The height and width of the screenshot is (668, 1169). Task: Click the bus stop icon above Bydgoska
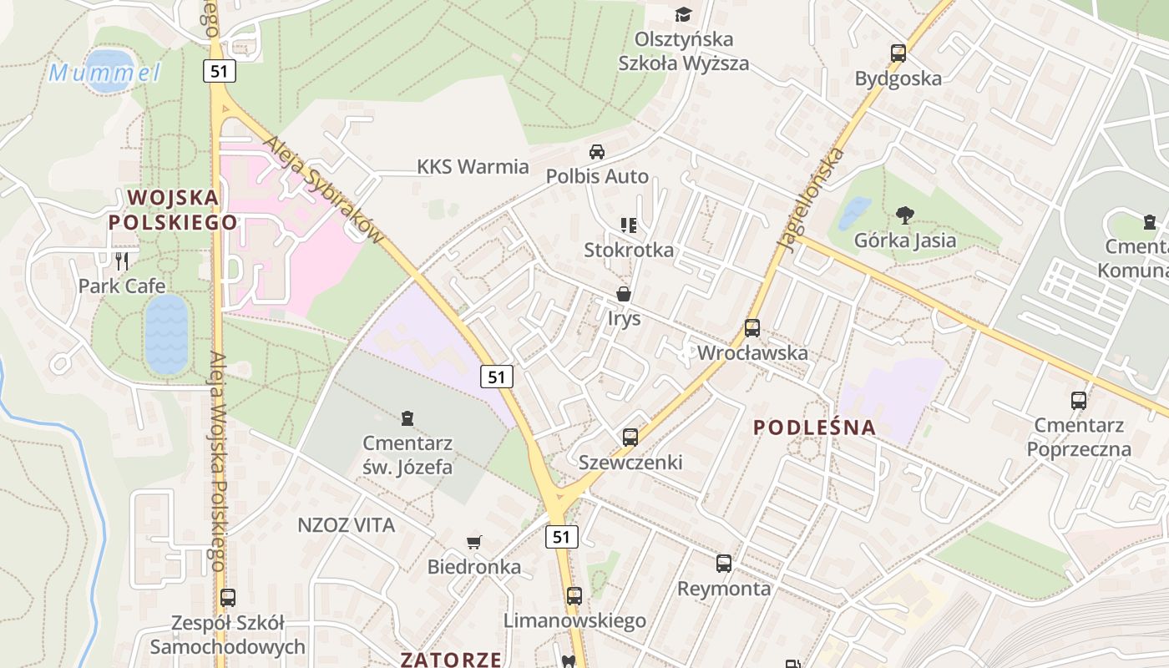[898, 53]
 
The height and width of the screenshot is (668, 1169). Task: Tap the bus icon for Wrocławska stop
[752, 328]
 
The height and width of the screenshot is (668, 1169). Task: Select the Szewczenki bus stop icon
[630, 437]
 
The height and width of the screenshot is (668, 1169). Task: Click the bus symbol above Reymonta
[724, 564]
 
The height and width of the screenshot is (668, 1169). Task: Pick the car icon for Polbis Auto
[597, 152]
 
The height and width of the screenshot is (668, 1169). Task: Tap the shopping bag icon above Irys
[624, 294]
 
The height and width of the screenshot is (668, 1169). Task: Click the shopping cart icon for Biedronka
[474, 542]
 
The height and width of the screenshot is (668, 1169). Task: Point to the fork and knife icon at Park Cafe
[123, 261]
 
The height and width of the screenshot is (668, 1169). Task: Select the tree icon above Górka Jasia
[904, 215]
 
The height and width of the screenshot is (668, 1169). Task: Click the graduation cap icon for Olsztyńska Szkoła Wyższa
[684, 14]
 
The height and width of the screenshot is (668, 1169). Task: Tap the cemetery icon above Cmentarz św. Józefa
[407, 417]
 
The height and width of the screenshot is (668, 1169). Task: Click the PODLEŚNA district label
[815, 428]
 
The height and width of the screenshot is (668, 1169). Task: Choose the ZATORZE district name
[451, 659]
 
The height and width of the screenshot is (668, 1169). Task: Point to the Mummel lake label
[105, 73]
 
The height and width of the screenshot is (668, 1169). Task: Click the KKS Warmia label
[473, 167]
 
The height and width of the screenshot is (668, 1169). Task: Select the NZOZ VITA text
[346, 525]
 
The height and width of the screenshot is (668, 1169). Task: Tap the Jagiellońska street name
[809, 200]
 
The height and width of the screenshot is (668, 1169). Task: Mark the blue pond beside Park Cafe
[167, 333]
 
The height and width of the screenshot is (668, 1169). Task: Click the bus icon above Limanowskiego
[574, 595]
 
